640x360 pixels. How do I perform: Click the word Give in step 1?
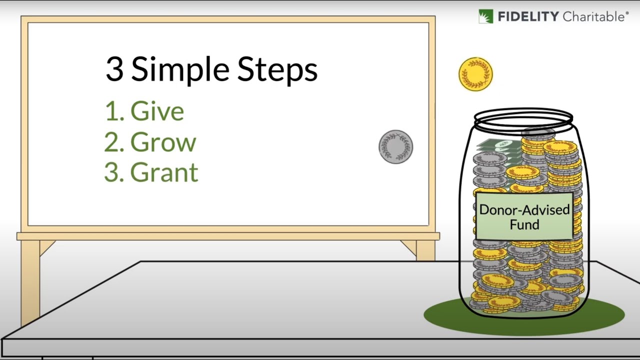[x=157, y=111]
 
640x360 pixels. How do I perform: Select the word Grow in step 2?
[x=163, y=142]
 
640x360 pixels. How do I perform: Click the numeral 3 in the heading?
[x=114, y=69]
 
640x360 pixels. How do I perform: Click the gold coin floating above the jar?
[x=475, y=74]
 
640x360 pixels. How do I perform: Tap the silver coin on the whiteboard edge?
[x=395, y=146]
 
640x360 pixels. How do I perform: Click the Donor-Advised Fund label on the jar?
[x=524, y=216]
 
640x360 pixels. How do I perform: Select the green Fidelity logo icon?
[x=485, y=16]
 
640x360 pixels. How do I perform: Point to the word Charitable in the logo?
[x=593, y=17]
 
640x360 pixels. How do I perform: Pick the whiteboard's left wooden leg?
[x=30, y=280]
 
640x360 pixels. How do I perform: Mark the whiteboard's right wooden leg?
[x=425, y=250]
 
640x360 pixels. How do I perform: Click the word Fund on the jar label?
[x=524, y=224]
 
